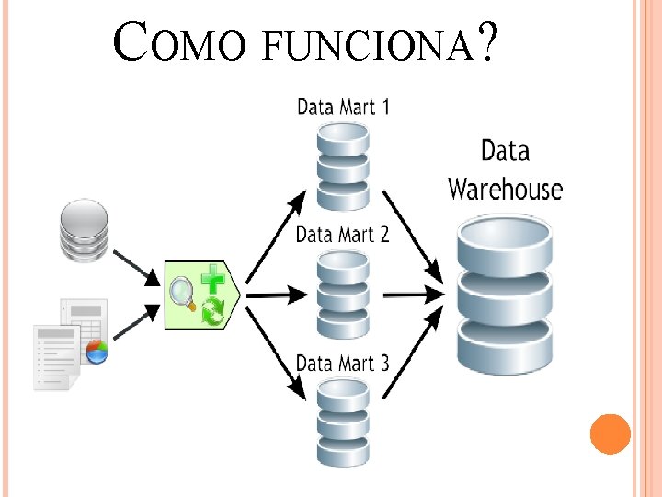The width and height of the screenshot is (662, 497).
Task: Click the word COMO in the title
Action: (179, 44)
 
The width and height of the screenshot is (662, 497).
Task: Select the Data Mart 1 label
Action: (343, 107)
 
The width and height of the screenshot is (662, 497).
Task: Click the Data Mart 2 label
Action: (342, 234)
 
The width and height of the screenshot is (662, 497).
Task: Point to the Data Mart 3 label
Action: (342, 363)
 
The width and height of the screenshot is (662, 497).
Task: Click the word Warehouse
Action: (505, 190)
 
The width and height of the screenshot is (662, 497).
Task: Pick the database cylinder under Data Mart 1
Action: (342, 165)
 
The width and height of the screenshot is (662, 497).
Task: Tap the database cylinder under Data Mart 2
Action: (342, 295)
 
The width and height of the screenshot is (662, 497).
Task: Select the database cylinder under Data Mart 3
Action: (342, 422)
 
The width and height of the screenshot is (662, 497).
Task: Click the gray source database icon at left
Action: (84, 230)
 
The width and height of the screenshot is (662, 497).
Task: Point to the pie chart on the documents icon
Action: (96, 351)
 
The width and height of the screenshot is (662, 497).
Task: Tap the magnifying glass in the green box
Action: (181, 294)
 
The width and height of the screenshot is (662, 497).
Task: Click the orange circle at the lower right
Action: (610, 433)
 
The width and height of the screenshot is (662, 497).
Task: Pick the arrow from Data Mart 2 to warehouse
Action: (414, 295)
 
